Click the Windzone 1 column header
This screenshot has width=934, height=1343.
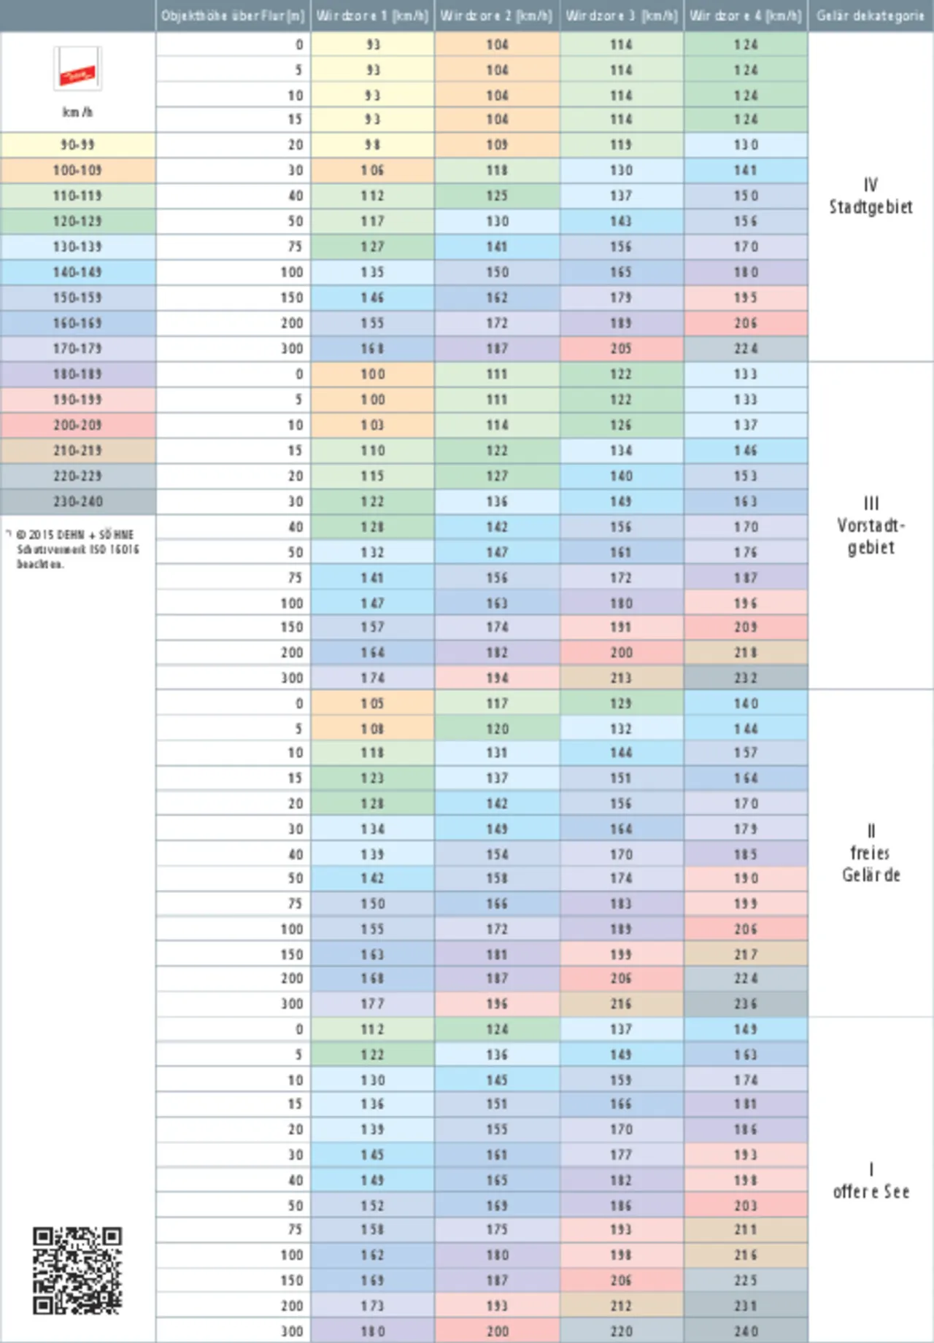tap(372, 16)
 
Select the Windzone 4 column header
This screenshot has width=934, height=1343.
tap(745, 16)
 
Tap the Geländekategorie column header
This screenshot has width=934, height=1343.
tap(871, 16)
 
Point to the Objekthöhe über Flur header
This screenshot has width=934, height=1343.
tap(233, 16)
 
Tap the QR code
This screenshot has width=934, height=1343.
tap(77, 1270)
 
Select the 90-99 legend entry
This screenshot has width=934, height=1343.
tap(77, 144)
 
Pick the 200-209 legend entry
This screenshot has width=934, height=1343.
tap(77, 425)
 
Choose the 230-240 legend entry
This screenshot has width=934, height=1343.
tap(77, 501)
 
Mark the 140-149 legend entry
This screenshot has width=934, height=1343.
tap(77, 272)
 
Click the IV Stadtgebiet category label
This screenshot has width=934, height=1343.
tap(871, 196)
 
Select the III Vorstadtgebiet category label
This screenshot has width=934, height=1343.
tap(871, 525)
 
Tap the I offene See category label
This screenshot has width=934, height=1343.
tap(871, 1180)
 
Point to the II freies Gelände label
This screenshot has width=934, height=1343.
tap(871, 853)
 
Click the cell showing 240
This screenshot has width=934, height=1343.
tap(746, 1331)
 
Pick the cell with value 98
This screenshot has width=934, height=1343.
tap(372, 144)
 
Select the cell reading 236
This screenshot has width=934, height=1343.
tap(746, 1004)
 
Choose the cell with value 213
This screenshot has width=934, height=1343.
tap(621, 678)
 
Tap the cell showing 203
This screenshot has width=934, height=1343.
tap(746, 1206)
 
